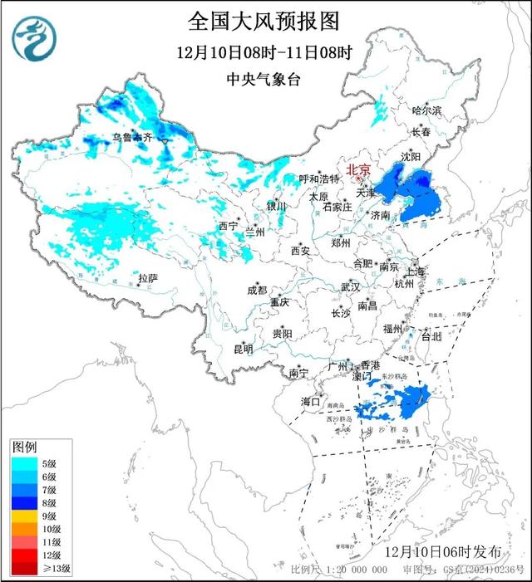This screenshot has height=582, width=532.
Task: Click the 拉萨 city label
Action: click(147, 279)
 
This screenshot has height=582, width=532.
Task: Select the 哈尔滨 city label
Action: click(427, 110)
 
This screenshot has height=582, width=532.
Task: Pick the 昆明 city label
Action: click(242, 348)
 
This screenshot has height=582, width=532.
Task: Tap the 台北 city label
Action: click(431, 337)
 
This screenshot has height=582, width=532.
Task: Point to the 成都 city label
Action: click(257, 290)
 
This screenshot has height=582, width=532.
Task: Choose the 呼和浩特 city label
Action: click(320, 179)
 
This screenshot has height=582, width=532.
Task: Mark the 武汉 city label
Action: click(350, 287)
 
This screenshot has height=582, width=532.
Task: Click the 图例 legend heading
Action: click(24, 448)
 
